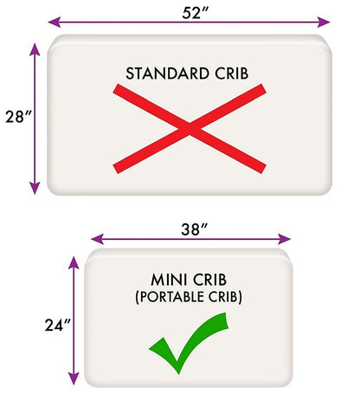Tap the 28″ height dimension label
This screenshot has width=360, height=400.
(18, 117)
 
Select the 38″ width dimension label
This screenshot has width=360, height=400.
(194, 229)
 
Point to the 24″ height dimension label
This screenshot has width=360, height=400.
(58, 325)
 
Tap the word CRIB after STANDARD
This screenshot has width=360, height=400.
(231, 74)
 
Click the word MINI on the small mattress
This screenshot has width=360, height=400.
(169, 280)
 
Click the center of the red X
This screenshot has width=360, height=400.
(190, 129)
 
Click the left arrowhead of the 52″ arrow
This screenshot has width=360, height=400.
(55, 22)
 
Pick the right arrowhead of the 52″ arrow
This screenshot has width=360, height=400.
(324, 22)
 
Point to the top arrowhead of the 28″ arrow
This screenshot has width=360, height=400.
(35, 49)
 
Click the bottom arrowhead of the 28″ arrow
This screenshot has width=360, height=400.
(35, 188)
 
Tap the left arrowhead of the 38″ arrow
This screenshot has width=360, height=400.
(97, 239)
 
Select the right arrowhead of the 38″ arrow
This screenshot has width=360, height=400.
(285, 239)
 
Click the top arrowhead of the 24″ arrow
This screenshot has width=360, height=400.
(74, 262)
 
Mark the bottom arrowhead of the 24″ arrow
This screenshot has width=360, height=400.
(74, 378)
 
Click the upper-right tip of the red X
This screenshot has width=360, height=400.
(264, 89)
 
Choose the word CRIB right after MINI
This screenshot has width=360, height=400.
(210, 280)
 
